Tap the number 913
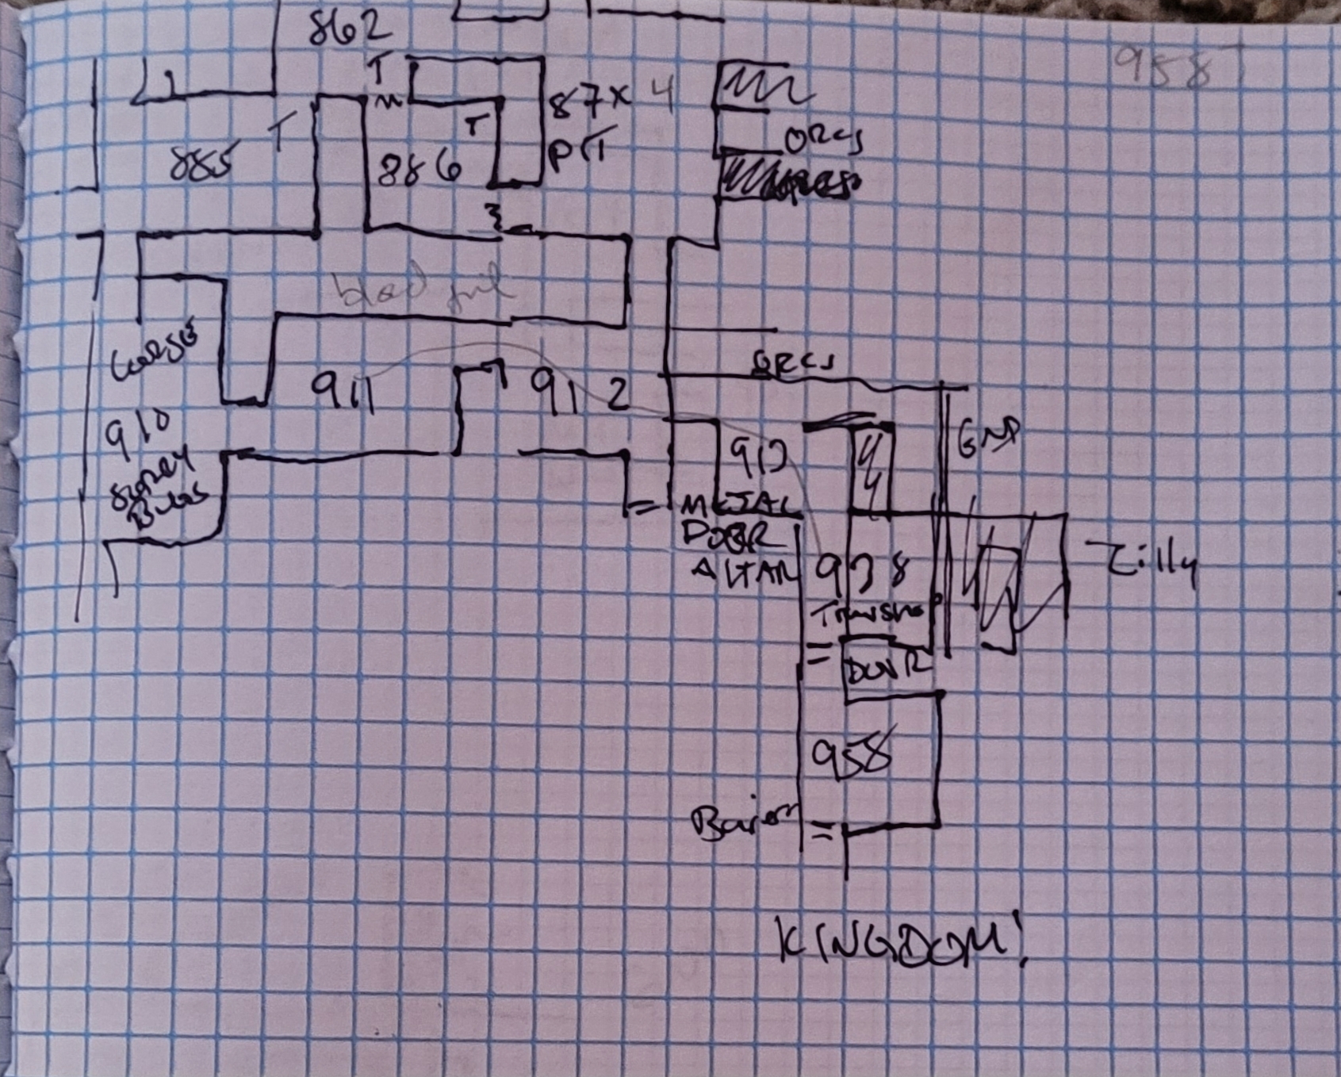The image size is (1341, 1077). click(x=757, y=457)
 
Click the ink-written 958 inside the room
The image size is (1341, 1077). click(x=851, y=757)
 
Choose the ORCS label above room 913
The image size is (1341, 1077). click(x=794, y=363)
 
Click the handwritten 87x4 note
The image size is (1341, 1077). click(x=611, y=99)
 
